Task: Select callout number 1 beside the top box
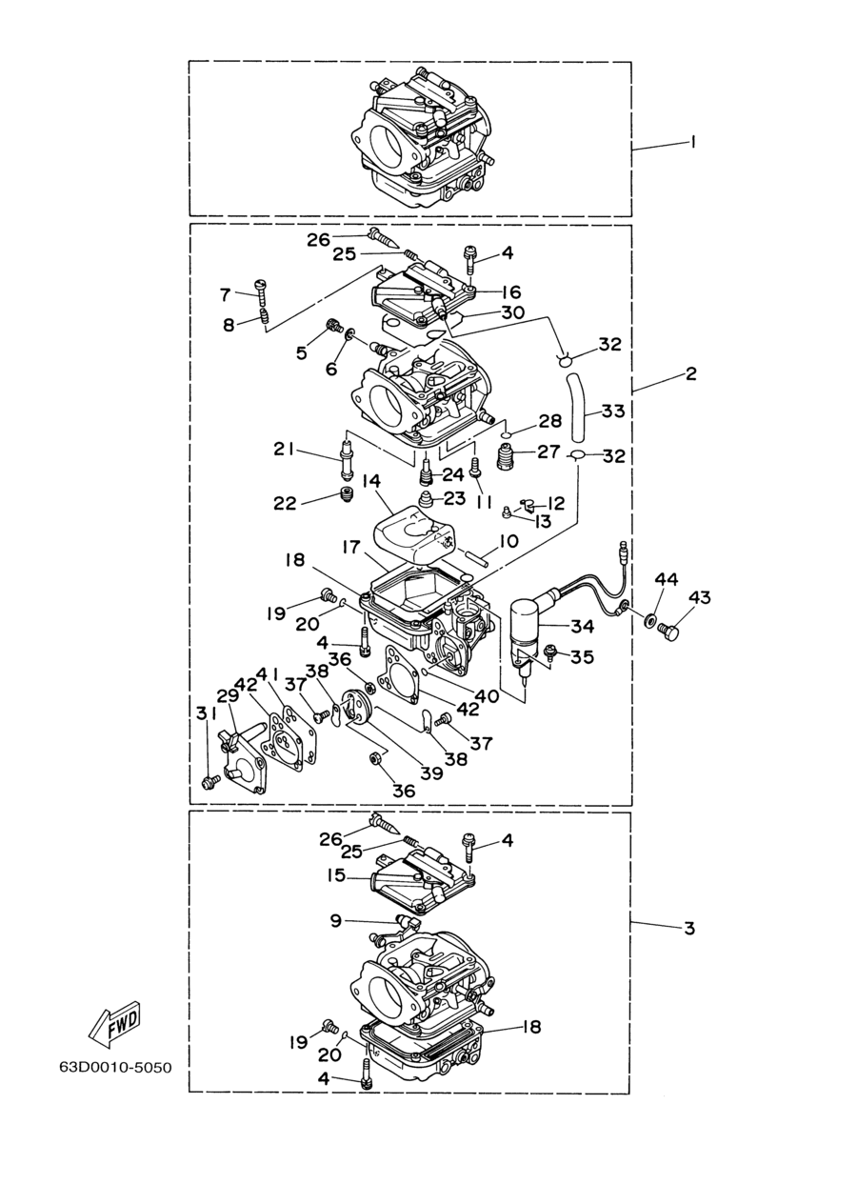(692, 142)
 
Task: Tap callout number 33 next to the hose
(613, 411)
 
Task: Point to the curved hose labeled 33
(579, 406)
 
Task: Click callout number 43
(699, 598)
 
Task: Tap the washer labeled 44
(649, 618)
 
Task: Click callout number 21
(285, 450)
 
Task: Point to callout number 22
(285, 503)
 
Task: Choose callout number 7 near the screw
(226, 294)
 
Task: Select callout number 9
(336, 921)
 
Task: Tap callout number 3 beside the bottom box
(689, 928)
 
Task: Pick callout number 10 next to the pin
(507, 541)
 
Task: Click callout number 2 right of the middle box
(691, 373)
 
